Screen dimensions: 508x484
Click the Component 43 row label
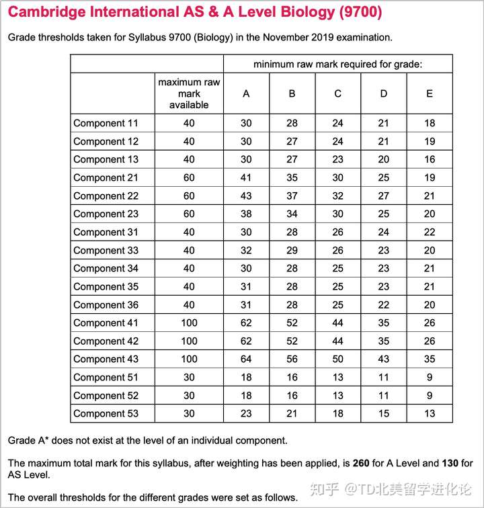pyautogui.click(x=106, y=359)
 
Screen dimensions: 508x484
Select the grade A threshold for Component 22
pyautogui.click(x=246, y=196)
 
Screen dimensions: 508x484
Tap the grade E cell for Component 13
pyautogui.click(x=430, y=159)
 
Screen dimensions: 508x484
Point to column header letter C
pyautogui.click(x=337, y=93)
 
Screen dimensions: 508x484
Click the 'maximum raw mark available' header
pyautogui.click(x=189, y=93)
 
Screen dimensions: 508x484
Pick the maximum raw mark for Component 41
pyautogui.click(x=189, y=323)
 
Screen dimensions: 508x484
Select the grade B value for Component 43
pyautogui.click(x=292, y=359)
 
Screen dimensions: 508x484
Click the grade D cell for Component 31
pyautogui.click(x=383, y=232)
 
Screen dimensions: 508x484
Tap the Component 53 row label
pyautogui.click(x=106, y=413)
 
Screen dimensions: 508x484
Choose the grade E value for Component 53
pyautogui.click(x=430, y=413)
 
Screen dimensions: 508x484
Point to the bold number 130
pyautogui.click(x=450, y=463)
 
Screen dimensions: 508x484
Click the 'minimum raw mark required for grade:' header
pyautogui.click(x=337, y=64)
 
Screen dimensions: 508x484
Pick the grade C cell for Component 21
pyautogui.click(x=337, y=177)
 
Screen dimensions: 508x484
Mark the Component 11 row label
pyautogui.click(x=106, y=123)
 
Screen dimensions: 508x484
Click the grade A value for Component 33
pyautogui.click(x=246, y=250)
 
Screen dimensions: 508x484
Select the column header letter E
pyautogui.click(x=430, y=93)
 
